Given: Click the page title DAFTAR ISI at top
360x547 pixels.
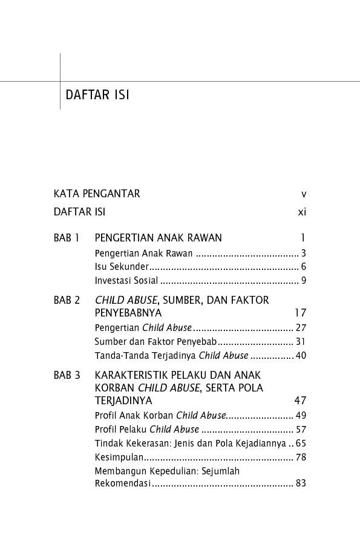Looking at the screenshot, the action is point(97,96).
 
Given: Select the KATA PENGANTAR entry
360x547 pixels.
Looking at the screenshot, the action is point(97,194).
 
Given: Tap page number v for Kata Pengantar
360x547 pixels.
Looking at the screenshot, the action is point(304,194).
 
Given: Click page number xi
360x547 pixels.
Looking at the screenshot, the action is point(302,212).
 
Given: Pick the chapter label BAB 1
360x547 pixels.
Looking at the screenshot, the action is point(67,238).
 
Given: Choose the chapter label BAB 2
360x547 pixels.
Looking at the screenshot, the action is point(67,300).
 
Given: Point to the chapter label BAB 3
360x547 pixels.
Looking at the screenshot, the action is point(67,375).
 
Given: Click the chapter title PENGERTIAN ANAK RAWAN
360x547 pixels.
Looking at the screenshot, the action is point(159,238).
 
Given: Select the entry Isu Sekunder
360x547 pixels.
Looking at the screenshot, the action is point(122,267).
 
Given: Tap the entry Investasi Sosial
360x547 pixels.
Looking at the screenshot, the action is point(126,281).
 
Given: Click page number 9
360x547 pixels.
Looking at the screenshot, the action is point(303,281).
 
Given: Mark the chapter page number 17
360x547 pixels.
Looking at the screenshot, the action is point(300,313).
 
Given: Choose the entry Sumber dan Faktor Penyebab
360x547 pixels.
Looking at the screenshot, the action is point(151,342).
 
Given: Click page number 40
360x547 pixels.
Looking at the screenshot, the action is point(301,356).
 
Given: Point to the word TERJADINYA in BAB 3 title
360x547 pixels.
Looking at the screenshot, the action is point(123,401).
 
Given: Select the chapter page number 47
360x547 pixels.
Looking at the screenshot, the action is point(300,401).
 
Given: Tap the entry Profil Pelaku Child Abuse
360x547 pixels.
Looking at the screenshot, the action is point(147,430).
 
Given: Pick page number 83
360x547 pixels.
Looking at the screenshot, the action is point(301,484).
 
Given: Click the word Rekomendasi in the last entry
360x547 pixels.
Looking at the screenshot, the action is point(123,484).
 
